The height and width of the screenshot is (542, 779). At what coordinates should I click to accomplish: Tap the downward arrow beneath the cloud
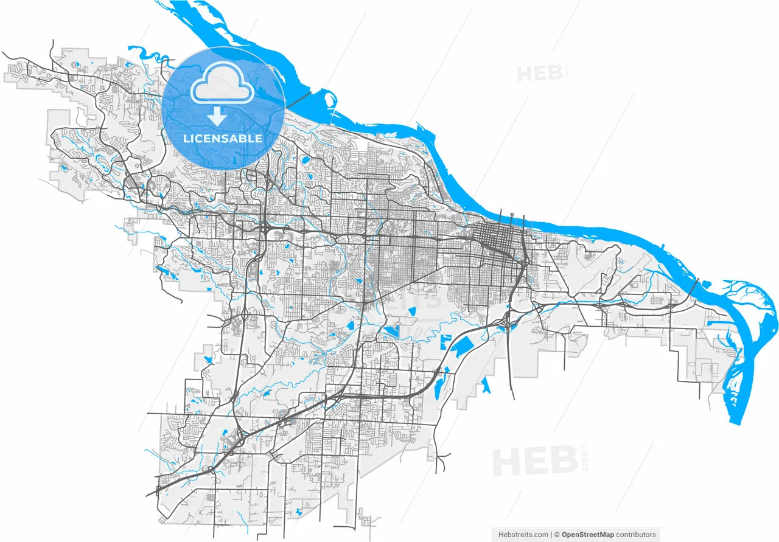(x=217, y=116)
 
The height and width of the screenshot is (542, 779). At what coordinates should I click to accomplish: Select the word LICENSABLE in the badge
(x=223, y=139)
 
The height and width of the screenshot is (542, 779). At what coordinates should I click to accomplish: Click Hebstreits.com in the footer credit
(x=523, y=535)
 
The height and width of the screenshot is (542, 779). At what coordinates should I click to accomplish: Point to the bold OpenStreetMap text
(x=587, y=535)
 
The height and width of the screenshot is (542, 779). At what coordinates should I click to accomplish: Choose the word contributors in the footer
(x=636, y=535)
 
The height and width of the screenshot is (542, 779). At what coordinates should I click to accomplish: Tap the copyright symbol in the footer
(x=557, y=535)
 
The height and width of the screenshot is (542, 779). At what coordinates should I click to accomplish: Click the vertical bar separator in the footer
(x=551, y=535)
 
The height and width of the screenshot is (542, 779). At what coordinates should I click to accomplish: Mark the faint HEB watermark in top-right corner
(x=539, y=74)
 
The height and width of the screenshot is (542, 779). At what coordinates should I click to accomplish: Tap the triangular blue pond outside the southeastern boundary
(x=486, y=386)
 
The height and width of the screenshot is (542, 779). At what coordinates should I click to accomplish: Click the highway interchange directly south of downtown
(x=505, y=322)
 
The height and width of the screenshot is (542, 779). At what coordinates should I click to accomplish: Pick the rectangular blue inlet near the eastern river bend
(x=713, y=323)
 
